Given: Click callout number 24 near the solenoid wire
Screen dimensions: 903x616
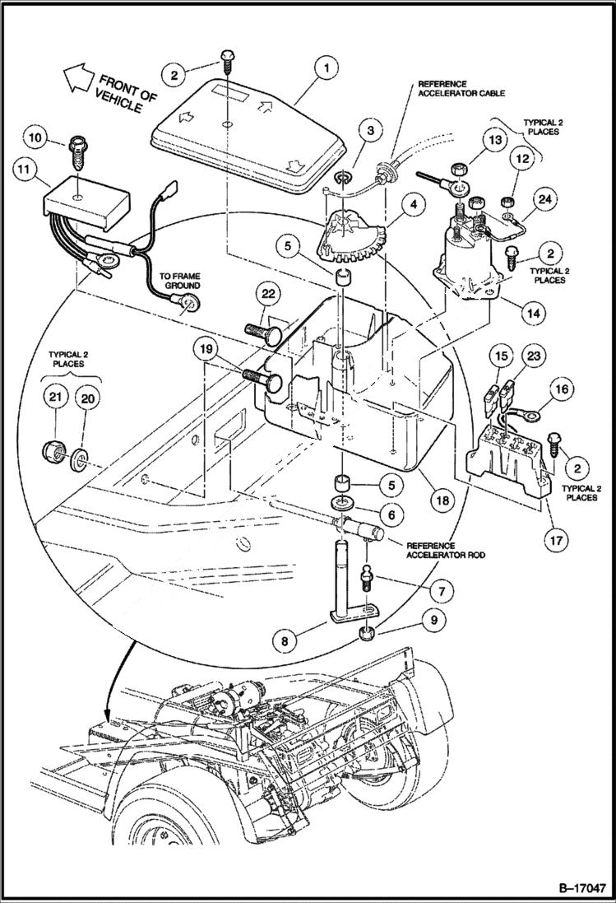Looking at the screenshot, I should (544, 198).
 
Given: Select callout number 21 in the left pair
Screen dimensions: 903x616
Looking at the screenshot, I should (55, 398).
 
